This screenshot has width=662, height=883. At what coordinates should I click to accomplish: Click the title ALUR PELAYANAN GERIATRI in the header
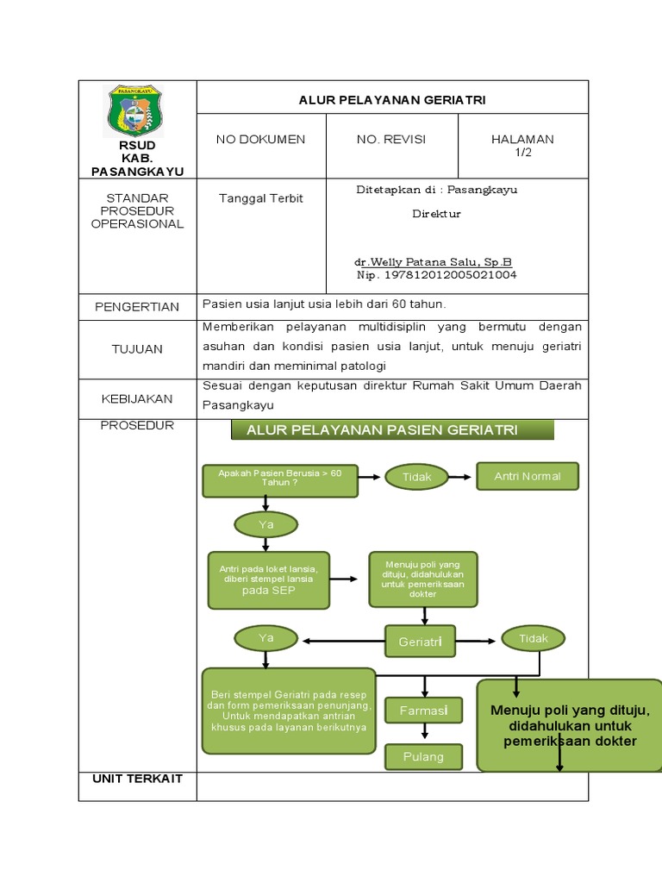coord(392,100)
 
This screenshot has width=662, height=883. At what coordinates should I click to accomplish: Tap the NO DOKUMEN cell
coord(260,140)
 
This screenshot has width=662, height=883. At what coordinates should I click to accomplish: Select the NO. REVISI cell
coord(391,140)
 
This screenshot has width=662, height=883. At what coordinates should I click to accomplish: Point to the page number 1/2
coord(522,152)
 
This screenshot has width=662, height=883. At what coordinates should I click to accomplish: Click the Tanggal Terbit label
coord(260,198)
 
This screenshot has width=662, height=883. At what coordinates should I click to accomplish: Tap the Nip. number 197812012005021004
coord(437,275)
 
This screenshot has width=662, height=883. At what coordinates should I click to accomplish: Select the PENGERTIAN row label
coord(137,307)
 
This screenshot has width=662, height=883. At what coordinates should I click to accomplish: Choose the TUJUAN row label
coord(137,349)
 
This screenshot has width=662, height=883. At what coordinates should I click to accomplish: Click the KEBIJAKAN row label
coord(137,398)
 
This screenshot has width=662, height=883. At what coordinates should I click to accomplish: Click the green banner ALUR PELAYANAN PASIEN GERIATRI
coord(392,430)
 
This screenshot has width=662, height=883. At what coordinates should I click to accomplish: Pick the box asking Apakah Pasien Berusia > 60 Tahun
coord(280,481)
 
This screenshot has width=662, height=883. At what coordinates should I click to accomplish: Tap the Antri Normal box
coord(528,476)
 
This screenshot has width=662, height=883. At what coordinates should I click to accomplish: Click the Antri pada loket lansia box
coord(268,579)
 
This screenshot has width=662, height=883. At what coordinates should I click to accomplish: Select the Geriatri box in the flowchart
coord(420,642)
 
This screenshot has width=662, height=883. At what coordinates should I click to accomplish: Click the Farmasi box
coord(423,711)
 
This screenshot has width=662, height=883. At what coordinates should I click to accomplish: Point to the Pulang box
coord(423,757)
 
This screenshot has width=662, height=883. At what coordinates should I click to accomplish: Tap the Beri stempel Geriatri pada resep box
coord(289,711)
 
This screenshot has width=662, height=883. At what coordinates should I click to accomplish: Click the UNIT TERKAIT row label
coord(137,779)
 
